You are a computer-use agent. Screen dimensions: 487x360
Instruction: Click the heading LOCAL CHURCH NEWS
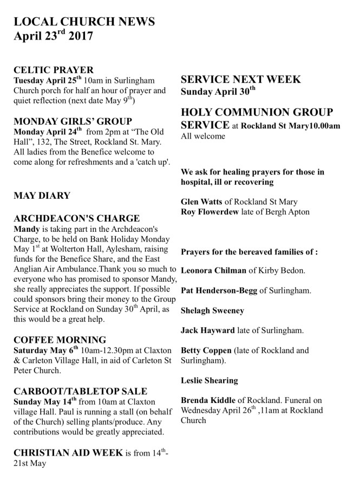coord(84,21)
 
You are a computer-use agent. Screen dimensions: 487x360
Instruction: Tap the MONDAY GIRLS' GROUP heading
coord(73,121)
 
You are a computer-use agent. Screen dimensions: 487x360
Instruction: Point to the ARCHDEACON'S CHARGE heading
coord(76,219)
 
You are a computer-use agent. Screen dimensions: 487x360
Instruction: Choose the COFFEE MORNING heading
coord(60,340)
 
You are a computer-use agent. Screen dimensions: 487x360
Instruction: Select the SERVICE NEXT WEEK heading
coord(241,80)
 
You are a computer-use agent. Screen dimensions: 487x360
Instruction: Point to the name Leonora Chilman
coord(213,270)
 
